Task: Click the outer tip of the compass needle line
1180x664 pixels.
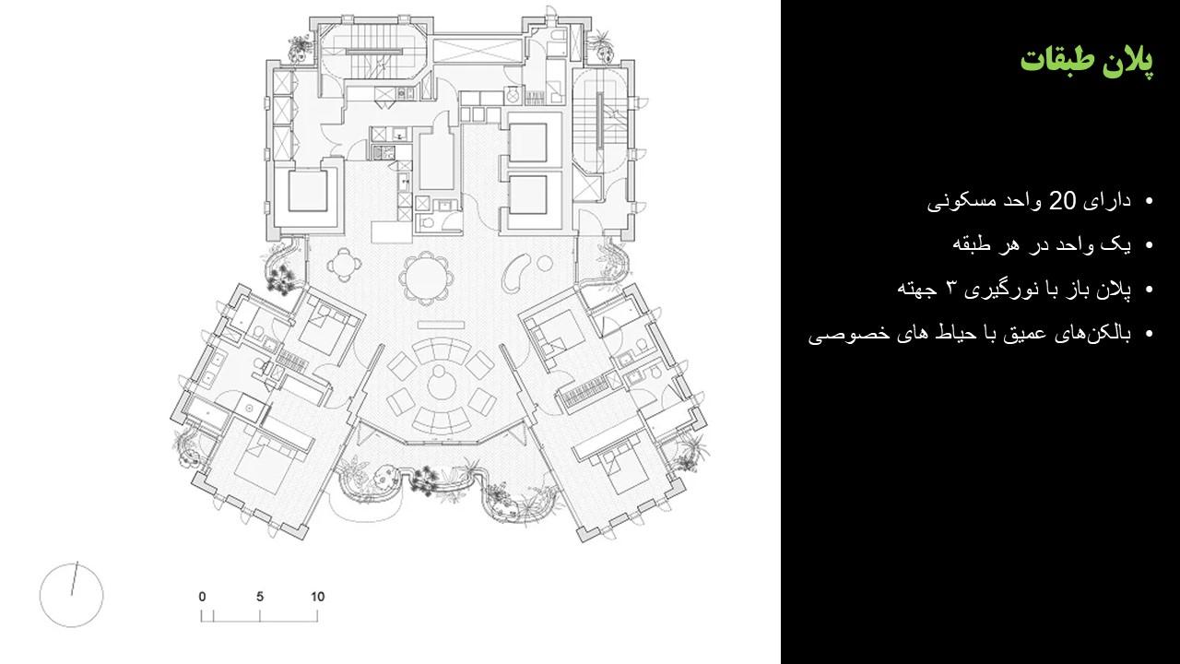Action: pyautogui.click(x=77, y=563)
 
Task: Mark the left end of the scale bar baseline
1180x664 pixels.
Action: pyautogui.click(x=201, y=622)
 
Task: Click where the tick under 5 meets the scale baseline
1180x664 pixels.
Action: pyautogui.click(x=260, y=622)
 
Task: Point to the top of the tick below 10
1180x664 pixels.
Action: pyautogui.click(x=317, y=611)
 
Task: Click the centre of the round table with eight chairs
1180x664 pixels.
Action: pyautogui.click(x=426, y=279)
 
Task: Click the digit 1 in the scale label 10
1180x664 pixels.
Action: pyautogui.click(x=313, y=597)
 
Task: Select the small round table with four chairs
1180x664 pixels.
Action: pyautogui.click(x=344, y=266)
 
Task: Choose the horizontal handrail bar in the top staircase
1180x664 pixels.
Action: pyautogui.click(x=372, y=52)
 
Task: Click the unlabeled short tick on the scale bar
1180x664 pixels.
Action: pyautogui.click(x=213, y=616)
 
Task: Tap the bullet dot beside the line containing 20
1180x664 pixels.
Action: pyautogui.click(x=1150, y=201)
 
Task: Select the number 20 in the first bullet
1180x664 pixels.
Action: pyautogui.click(x=1058, y=201)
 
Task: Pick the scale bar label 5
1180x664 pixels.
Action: pyautogui.click(x=260, y=597)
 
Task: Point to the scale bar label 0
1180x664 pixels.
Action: pyautogui.click(x=202, y=597)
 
